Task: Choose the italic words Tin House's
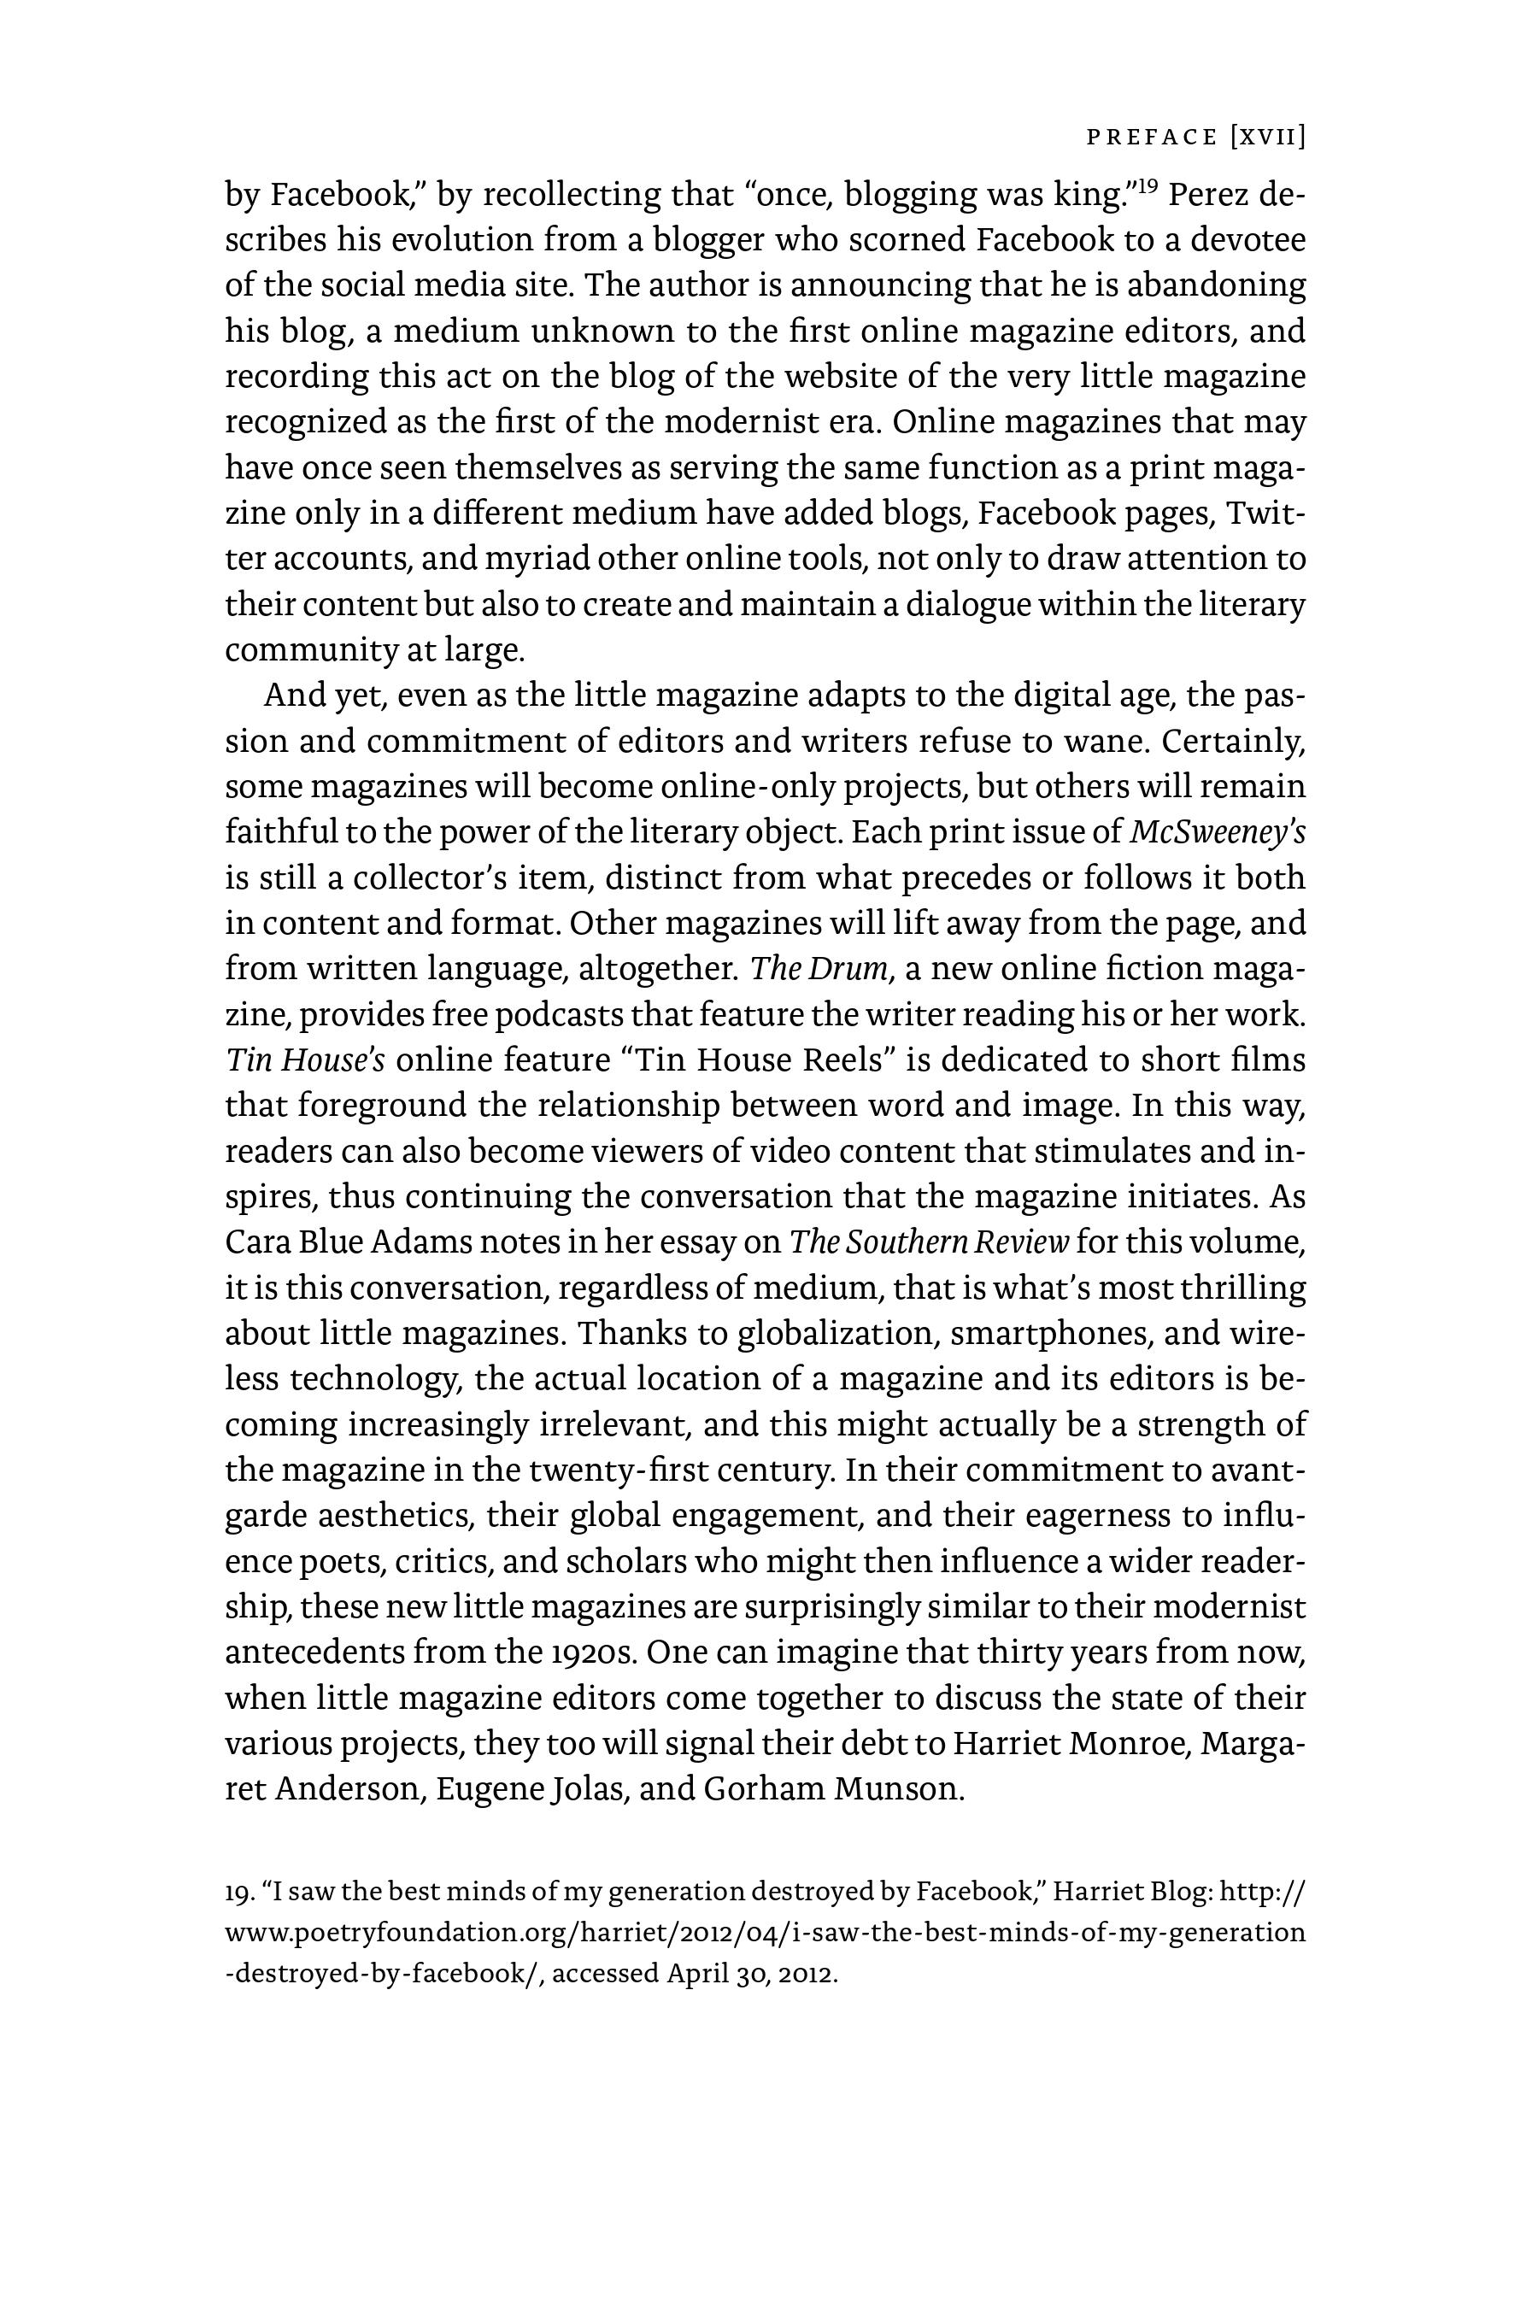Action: tap(304, 1060)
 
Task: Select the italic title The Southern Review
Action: tap(929, 1242)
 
